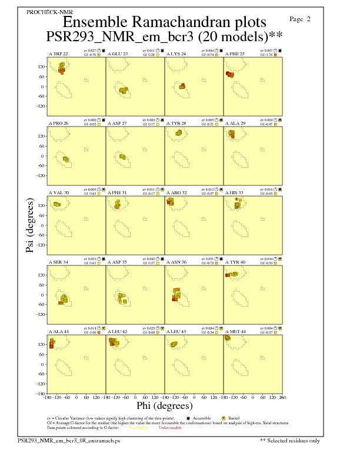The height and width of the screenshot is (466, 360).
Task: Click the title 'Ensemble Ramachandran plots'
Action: tap(164, 22)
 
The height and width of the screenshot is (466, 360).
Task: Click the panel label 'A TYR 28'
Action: tap(176, 124)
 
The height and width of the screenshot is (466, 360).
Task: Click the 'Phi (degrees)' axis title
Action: tap(164, 405)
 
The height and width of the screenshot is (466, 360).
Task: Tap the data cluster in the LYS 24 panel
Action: tap(182, 87)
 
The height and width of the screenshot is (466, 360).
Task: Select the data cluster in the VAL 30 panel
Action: tap(57, 204)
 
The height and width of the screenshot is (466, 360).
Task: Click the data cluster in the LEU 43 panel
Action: tap(174, 344)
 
